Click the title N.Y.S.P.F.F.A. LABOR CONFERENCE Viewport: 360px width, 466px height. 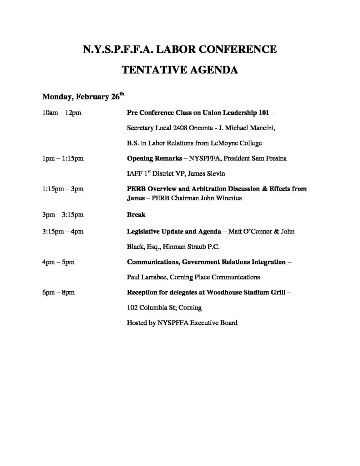coord(179,49)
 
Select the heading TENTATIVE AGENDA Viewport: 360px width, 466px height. coord(179,70)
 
